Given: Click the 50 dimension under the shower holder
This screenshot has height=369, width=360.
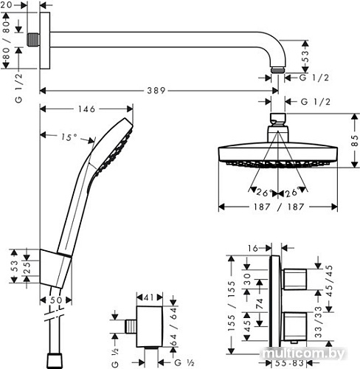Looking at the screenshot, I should [x=56, y=301].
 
